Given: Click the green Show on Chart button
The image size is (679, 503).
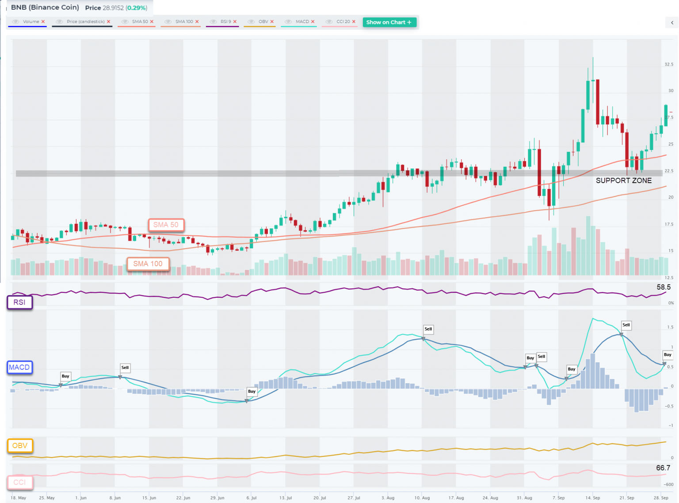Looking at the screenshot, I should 389,22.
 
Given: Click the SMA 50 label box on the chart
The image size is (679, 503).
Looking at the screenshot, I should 166,225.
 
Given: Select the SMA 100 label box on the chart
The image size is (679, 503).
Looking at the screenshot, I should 148,264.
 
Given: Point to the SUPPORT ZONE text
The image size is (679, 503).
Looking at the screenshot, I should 623,180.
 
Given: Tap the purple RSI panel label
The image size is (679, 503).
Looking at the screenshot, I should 19,302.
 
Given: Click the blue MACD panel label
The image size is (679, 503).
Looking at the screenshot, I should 19,367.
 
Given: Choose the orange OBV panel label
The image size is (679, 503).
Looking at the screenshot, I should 20,445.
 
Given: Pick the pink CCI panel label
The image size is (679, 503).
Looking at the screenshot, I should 20,482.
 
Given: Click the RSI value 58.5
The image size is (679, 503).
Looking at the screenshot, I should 663,287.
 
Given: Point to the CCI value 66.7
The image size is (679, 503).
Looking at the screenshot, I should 663,468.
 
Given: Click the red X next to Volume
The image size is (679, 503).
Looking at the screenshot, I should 43,22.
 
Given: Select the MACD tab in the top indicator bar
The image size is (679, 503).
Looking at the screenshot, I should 302,22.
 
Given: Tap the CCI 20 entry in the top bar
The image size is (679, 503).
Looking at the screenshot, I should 343,22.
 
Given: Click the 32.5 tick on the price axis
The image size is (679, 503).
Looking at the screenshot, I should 669,65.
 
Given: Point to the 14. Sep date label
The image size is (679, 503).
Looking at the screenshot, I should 592,498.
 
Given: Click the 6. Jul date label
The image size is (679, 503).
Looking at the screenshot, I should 251,498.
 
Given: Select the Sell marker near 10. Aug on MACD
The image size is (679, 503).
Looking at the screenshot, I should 428,329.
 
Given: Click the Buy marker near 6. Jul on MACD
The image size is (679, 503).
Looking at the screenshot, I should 252,392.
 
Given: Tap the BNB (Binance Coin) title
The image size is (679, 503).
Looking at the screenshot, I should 45,8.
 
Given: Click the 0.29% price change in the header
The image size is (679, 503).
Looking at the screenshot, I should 137,8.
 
